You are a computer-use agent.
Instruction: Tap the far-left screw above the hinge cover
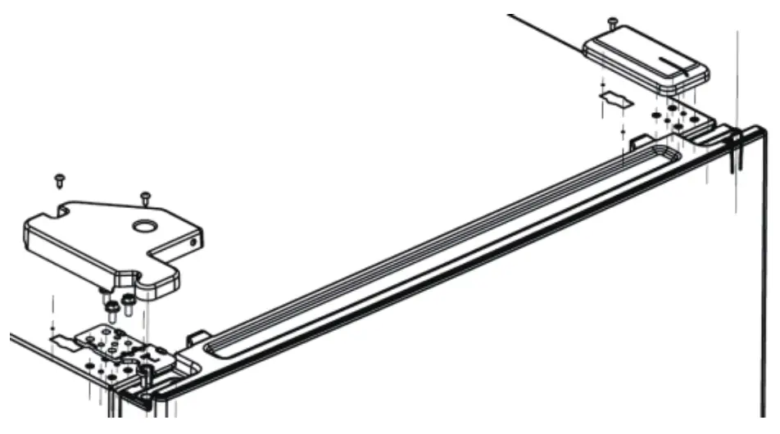[59, 178]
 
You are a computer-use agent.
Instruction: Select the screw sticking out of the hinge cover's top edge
[145, 197]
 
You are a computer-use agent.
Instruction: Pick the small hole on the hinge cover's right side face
[194, 242]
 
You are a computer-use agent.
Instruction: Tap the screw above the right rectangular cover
[611, 21]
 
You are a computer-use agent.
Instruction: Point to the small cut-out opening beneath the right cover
[616, 100]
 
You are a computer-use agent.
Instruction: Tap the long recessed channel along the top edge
[442, 246]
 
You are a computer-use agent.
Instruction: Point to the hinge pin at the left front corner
[145, 377]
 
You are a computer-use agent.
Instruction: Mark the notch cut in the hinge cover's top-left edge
[61, 211]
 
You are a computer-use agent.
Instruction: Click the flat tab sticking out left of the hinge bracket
[61, 338]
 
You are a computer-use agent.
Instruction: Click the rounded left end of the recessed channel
[215, 347]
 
